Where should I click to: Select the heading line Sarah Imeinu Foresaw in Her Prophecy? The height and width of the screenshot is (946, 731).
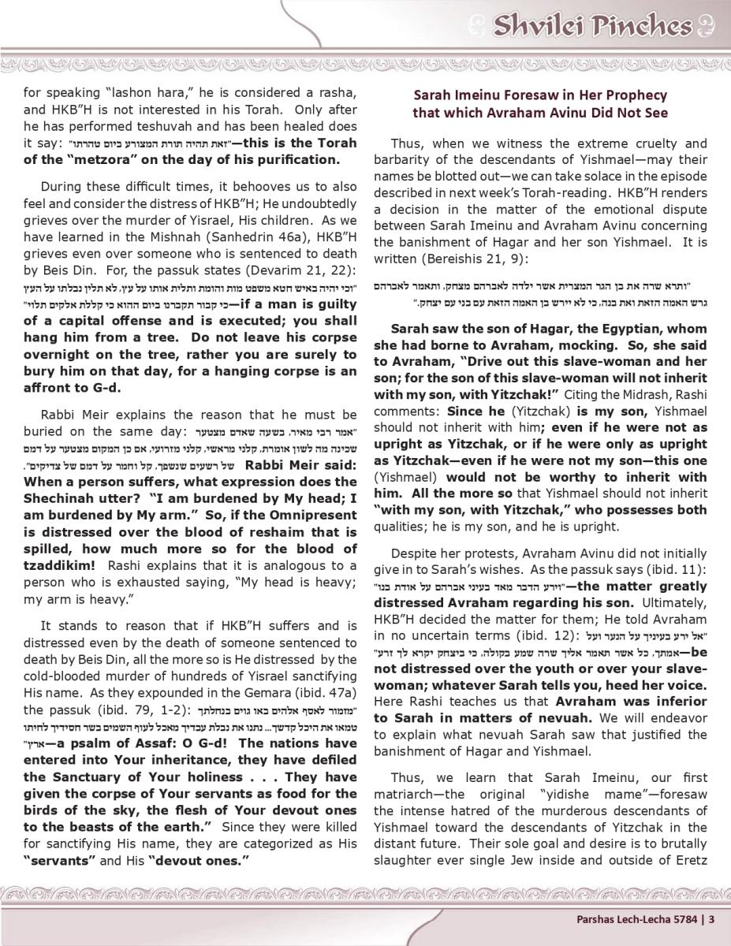coord(540,95)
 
